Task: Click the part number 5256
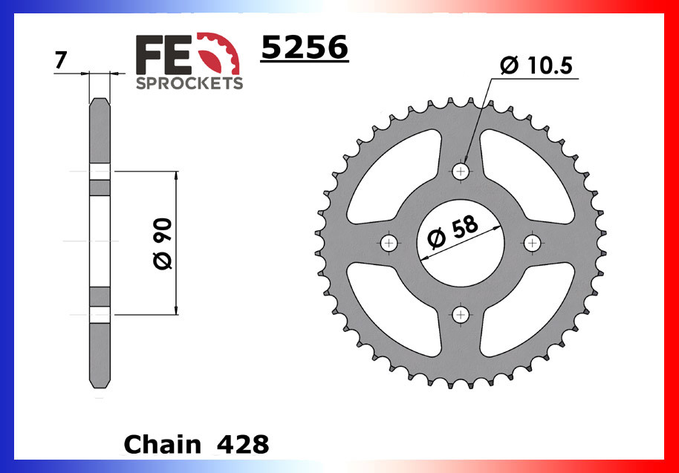pos(304,49)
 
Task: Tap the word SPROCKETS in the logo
pos(189,83)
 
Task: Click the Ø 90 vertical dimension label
pos(163,244)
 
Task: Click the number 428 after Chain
pos(243,445)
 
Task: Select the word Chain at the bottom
pos(163,445)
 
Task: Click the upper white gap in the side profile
pos(100,172)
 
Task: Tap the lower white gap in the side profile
pos(100,314)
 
